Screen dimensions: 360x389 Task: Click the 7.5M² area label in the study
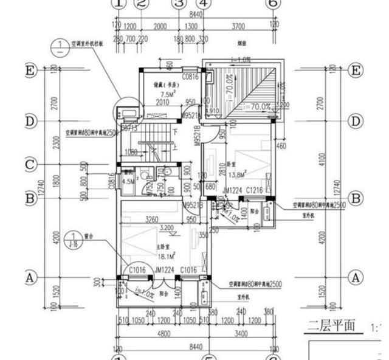pyautogui.click(x=166, y=95)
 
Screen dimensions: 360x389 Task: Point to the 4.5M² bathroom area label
pyautogui.click(x=129, y=181)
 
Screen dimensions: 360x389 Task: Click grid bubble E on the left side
pyautogui.click(x=30, y=71)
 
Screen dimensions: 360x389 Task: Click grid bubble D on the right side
pyautogui.click(x=356, y=121)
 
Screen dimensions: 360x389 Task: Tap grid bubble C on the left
pyautogui.click(x=30, y=165)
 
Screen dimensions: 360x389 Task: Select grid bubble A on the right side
pyautogui.click(x=356, y=278)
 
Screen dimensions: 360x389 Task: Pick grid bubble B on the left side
pyautogui.click(x=30, y=198)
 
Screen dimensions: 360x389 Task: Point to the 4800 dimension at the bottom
pyautogui.click(x=162, y=333)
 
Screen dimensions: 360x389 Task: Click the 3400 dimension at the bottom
pyautogui.click(x=241, y=333)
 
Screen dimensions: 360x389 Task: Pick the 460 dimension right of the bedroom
pyautogui.click(x=281, y=146)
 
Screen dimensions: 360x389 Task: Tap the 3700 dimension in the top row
pyautogui.click(x=238, y=27)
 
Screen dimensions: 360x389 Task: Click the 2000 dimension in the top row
pyautogui.click(x=159, y=27)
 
